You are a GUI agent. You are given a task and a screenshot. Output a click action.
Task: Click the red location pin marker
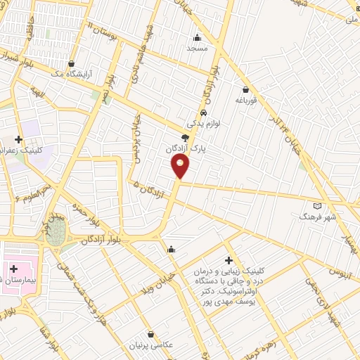[x=181, y=166]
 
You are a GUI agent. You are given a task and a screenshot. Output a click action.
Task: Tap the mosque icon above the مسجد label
[x=196, y=38]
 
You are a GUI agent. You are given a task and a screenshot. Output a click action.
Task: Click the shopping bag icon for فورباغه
[x=245, y=90]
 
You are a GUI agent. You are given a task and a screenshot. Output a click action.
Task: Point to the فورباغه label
[x=247, y=101]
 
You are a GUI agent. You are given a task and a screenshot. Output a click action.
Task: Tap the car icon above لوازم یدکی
[x=202, y=112]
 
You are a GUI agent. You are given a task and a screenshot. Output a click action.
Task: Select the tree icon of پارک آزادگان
[x=185, y=139]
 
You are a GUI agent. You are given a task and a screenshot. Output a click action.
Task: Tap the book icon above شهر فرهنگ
[x=317, y=205]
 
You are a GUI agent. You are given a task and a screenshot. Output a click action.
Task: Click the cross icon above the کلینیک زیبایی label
[x=229, y=260]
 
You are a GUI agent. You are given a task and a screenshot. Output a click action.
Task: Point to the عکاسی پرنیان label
[x=150, y=345]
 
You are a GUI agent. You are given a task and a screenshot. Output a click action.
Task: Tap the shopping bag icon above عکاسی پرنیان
[x=150, y=334]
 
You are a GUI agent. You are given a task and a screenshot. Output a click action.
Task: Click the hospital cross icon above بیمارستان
[x=13, y=269]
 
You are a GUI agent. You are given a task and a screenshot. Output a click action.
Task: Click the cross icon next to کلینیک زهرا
[x=18, y=139]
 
